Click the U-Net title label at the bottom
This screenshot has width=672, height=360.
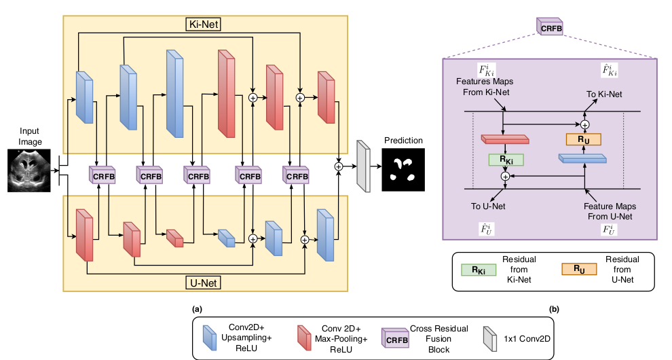tap(205, 281)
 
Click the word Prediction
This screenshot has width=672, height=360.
tap(403, 141)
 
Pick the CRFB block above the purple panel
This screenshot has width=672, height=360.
tap(550, 28)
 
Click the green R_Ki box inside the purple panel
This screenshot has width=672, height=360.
tap(506, 160)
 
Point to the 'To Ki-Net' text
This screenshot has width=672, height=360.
tap(603, 94)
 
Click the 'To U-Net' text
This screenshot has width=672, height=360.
tap(487, 205)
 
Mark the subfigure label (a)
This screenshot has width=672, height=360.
tap(198, 308)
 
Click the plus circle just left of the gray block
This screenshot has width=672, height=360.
tap(339, 166)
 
